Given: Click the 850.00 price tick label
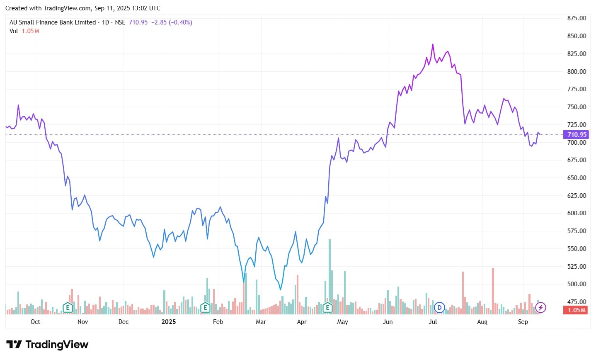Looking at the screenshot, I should (x=577, y=36).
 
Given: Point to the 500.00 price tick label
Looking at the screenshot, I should (x=577, y=284).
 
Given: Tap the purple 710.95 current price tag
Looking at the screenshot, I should (x=577, y=134).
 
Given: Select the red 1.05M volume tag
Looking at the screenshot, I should (x=576, y=310).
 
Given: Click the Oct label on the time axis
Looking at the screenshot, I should (x=36, y=322).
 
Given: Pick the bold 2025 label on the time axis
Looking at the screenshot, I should (x=168, y=322).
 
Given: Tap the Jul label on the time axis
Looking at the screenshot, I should (x=433, y=322).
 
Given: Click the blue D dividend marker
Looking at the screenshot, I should (x=439, y=308).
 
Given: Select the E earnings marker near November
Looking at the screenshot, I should (x=68, y=308).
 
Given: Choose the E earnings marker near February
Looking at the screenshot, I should (x=205, y=308).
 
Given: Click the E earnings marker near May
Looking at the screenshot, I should (x=328, y=308).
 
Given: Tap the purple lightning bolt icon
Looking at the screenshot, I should (x=540, y=308).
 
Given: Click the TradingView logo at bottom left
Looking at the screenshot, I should (x=47, y=345).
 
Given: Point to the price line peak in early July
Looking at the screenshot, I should (x=433, y=44).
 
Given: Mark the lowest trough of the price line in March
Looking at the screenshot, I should (x=281, y=289).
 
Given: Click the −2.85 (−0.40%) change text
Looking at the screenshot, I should (x=171, y=22).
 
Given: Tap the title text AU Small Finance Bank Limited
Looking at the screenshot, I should (x=53, y=22).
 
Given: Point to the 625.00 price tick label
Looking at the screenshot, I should (x=577, y=195).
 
